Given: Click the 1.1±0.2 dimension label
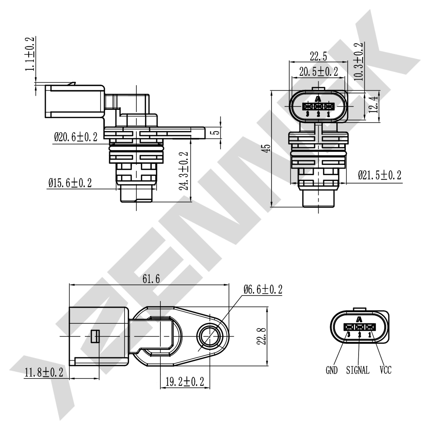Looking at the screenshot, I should (30, 54).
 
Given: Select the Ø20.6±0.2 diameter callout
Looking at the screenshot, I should (76, 137).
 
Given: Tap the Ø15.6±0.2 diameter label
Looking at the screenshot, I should (70, 183).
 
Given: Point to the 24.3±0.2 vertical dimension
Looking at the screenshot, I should (184, 171).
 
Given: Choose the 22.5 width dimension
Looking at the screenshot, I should (318, 56).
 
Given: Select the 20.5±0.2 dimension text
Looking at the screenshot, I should (318, 72).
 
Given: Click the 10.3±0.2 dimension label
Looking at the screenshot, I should (358, 61).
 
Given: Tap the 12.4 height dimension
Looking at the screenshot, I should (374, 105).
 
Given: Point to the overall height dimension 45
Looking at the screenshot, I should (267, 148).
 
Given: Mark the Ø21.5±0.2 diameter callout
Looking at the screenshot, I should (380, 175).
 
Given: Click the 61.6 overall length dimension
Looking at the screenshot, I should (151, 279).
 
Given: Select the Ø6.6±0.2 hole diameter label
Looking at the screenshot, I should (263, 290).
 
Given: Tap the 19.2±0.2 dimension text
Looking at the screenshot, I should (185, 382).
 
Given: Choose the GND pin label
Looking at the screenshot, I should (331, 370).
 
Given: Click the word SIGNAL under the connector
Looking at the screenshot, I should (358, 370).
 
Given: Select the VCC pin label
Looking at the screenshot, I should (385, 370).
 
